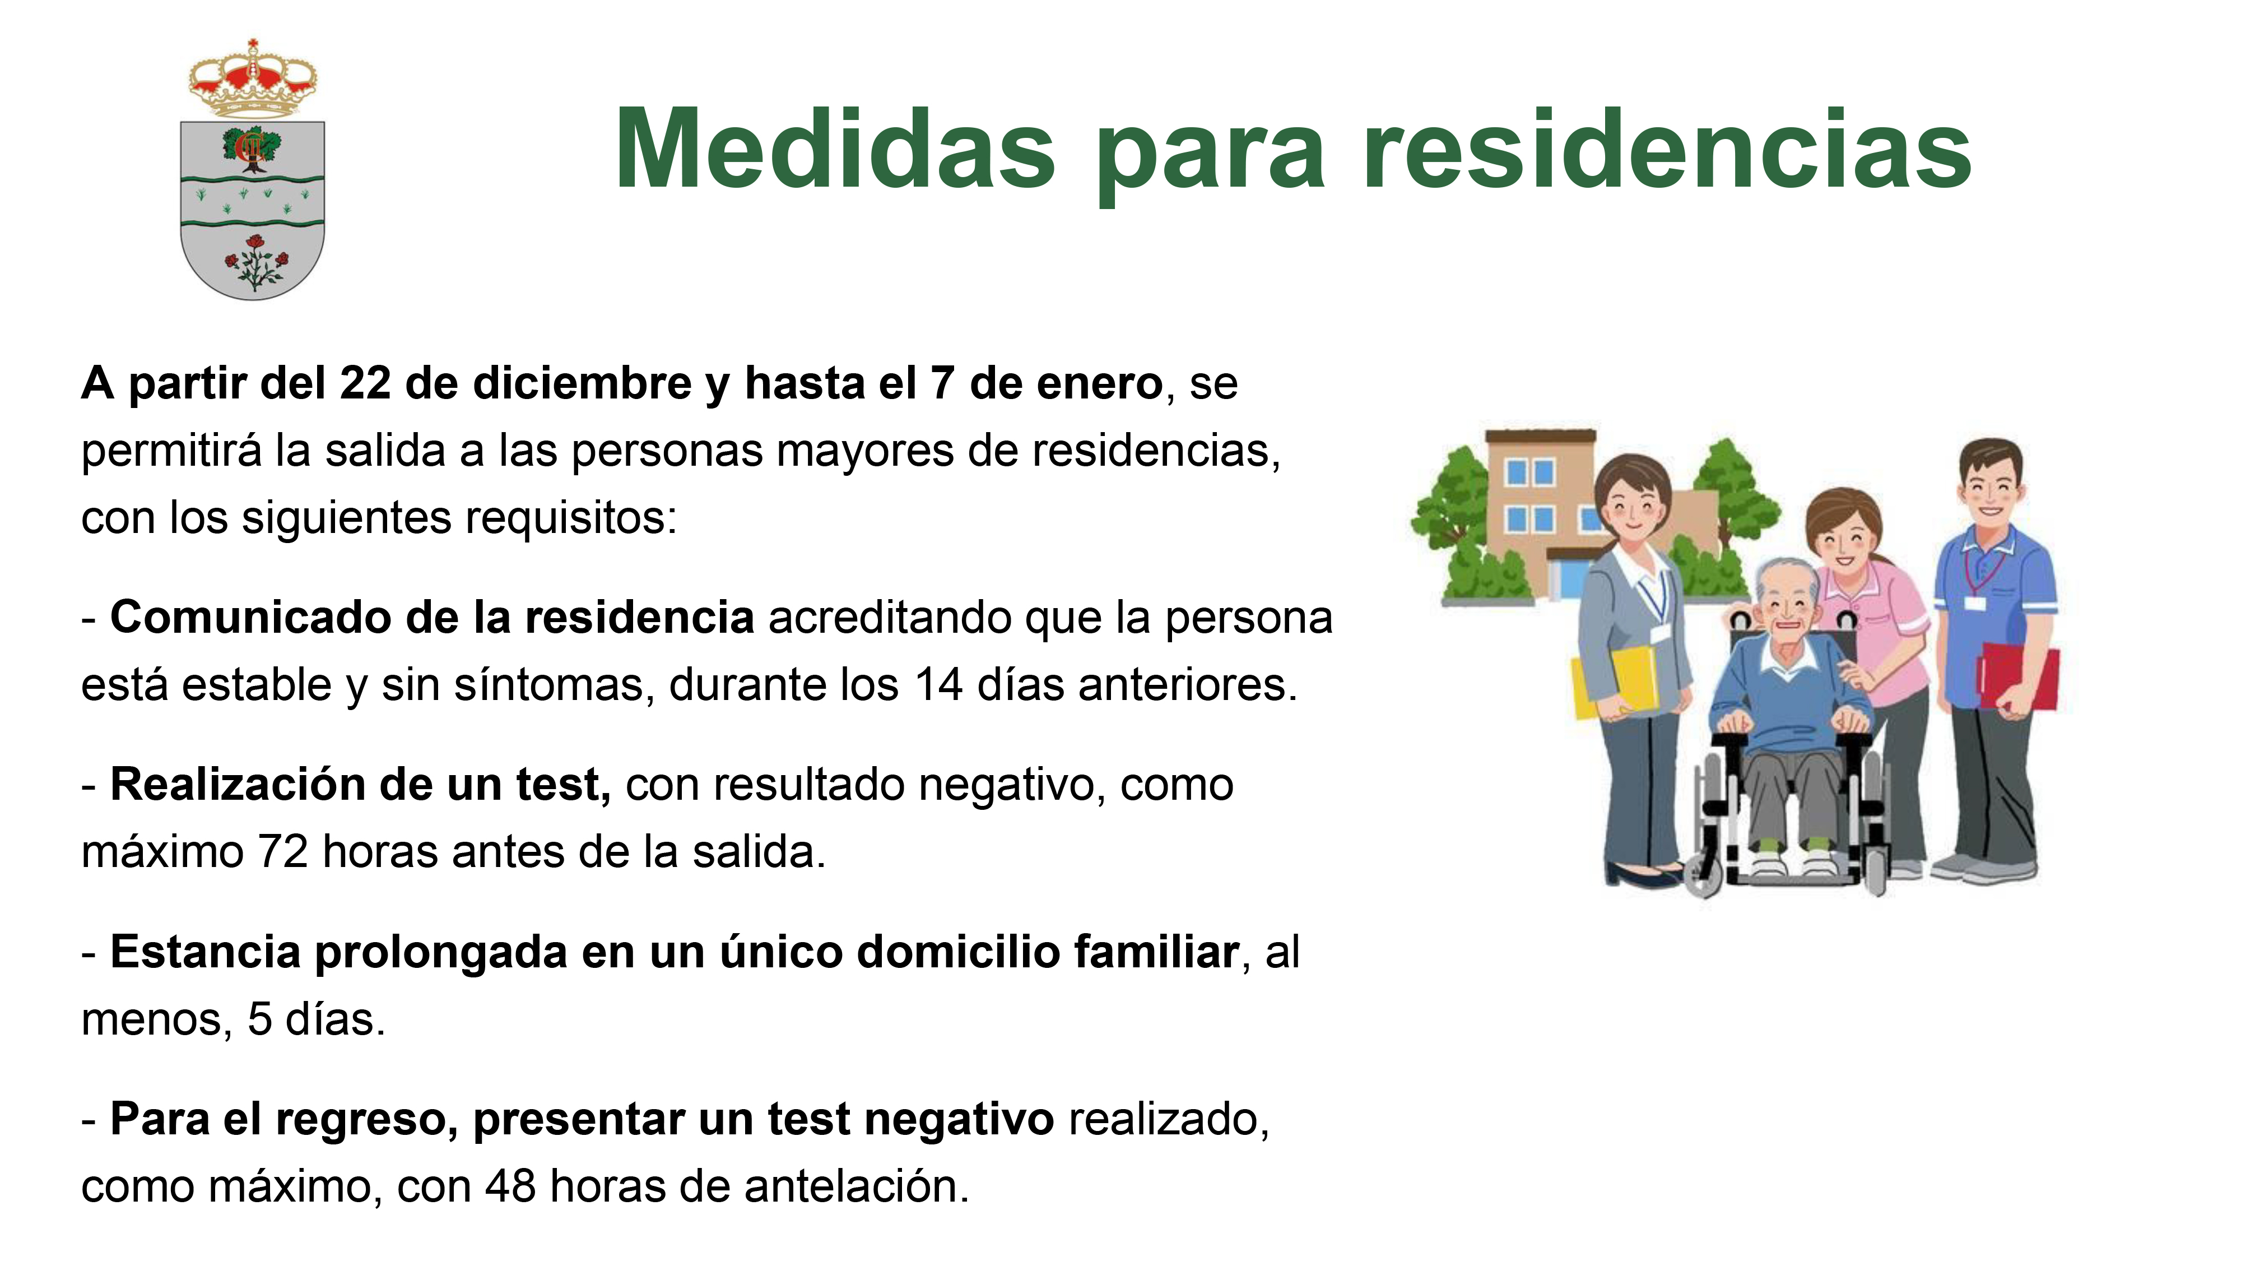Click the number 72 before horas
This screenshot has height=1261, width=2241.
(283, 852)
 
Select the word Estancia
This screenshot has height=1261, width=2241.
(205, 952)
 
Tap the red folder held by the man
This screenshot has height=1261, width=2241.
(2020, 677)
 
